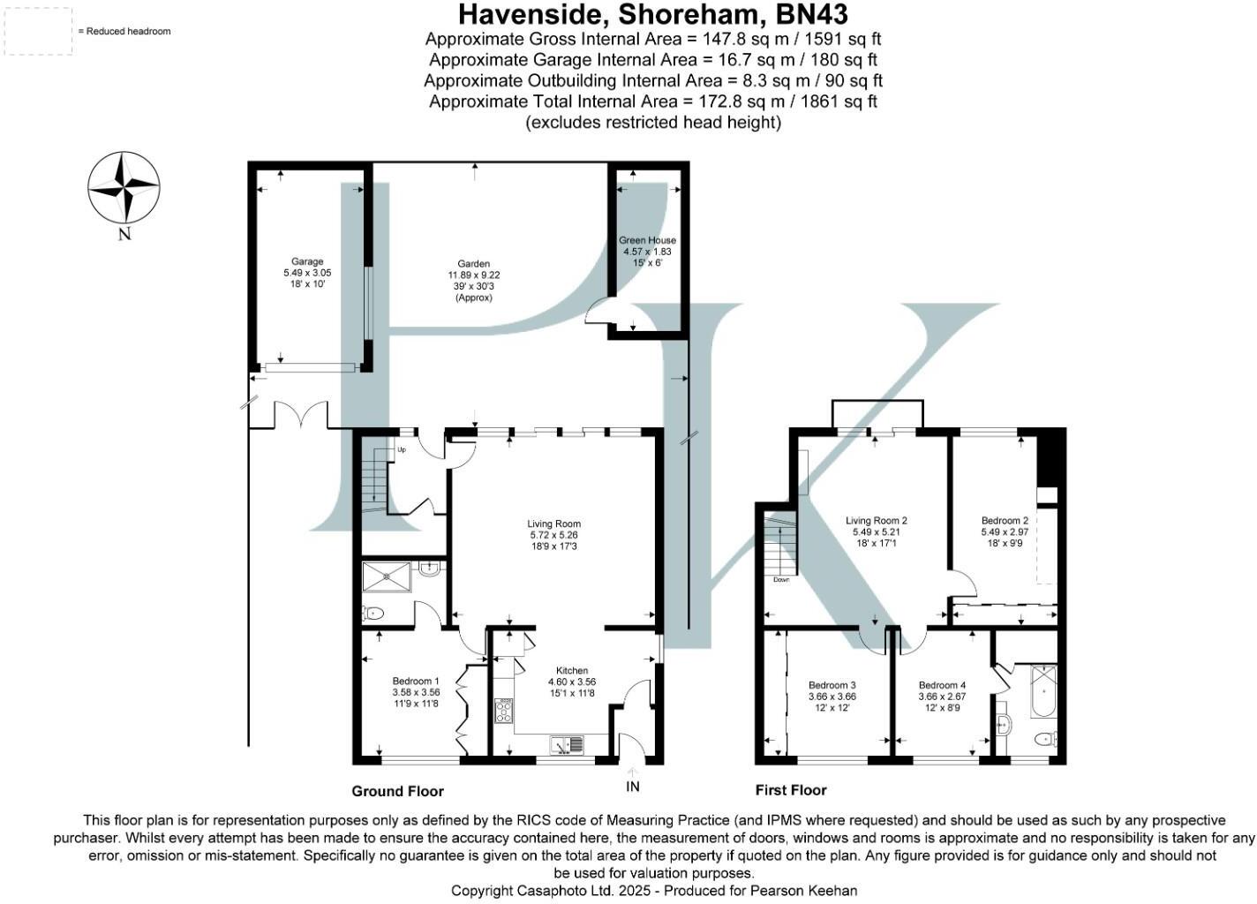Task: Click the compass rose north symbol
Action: (124, 188)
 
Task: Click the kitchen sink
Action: (566, 745)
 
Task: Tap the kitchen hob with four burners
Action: (504, 711)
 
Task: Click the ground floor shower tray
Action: (386, 578)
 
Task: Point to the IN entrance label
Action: (632, 787)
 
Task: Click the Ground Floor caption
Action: (397, 791)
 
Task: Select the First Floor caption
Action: (791, 790)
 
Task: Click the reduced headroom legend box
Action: (39, 32)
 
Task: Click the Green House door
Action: (601, 312)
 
